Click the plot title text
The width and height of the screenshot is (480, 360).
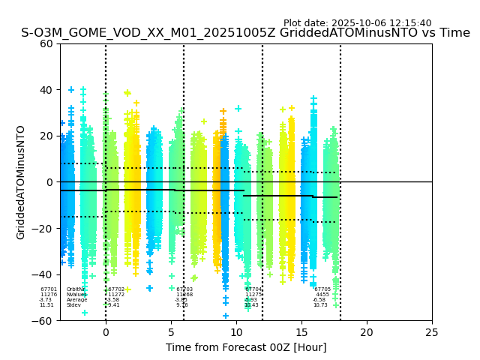[x=245, y=33]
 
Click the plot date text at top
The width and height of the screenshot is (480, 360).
[x=357, y=23]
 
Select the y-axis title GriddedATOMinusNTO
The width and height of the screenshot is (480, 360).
[x=21, y=182]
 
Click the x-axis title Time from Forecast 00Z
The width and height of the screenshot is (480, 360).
[x=246, y=347]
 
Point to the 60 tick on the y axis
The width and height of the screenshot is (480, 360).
[x=47, y=43]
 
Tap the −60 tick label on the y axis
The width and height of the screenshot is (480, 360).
[x=44, y=320]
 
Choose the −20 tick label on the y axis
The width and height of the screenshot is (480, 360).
[x=44, y=229]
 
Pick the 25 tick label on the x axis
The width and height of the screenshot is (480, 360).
[x=432, y=332]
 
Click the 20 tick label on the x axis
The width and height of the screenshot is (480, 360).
[x=367, y=332]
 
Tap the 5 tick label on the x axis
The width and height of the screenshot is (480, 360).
[x=171, y=332]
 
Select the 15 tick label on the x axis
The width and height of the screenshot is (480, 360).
[x=301, y=332]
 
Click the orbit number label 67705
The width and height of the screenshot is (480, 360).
[x=322, y=289]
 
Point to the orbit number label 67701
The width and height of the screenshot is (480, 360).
[x=49, y=289]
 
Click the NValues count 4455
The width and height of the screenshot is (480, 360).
[x=322, y=295]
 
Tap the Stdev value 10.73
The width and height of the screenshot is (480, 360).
[x=320, y=305]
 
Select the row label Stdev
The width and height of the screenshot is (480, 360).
[x=73, y=305]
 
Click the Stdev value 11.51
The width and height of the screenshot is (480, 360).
[x=46, y=305]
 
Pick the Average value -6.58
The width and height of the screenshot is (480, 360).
[x=319, y=300]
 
